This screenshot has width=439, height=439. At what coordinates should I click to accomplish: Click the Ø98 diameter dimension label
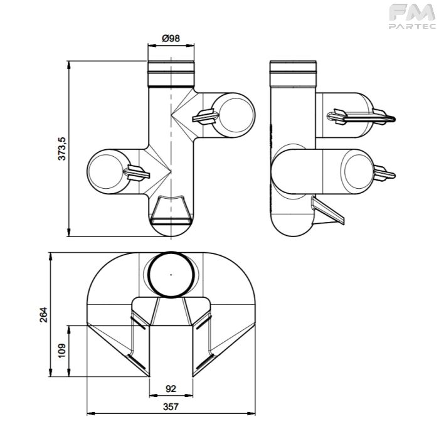171,38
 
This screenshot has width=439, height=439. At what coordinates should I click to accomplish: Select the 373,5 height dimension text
61,149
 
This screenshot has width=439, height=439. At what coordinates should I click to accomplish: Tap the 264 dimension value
44,315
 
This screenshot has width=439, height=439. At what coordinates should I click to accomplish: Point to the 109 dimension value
61,351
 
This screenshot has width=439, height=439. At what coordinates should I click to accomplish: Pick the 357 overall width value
171,406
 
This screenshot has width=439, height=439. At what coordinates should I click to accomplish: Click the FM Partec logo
412,16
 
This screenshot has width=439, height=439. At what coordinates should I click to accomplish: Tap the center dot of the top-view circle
171,275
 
